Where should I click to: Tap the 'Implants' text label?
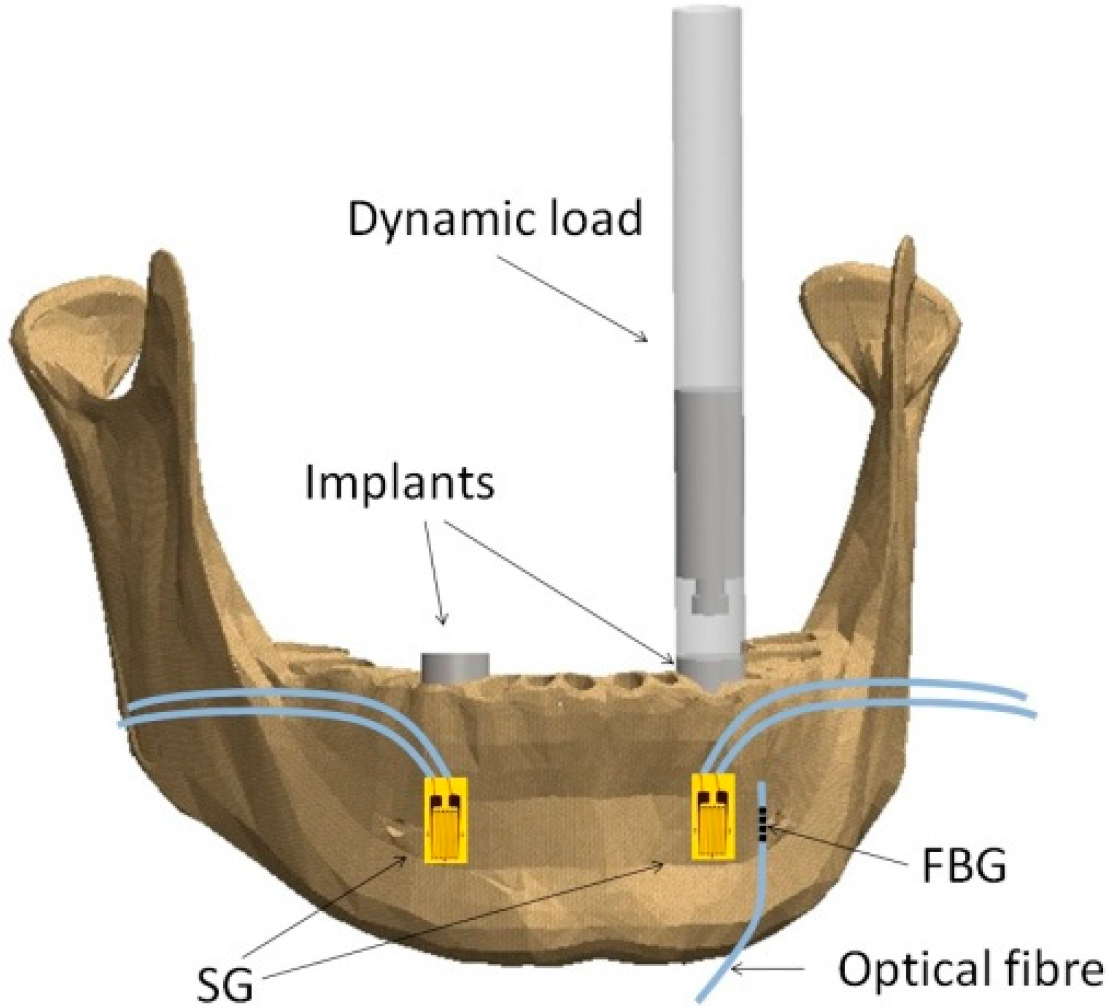400,482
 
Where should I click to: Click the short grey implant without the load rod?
455,667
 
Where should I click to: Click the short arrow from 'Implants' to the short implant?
434,572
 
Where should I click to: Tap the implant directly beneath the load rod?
709,672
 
